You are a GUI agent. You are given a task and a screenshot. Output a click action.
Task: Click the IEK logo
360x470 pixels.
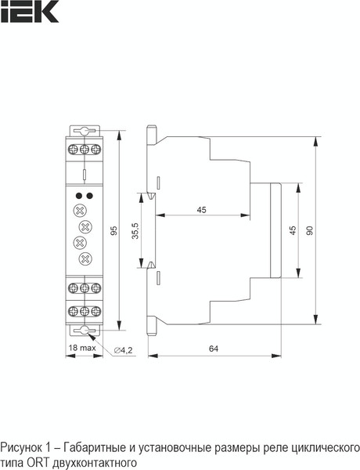tap(19, 10)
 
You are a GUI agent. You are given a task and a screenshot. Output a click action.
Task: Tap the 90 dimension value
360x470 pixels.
tap(310, 230)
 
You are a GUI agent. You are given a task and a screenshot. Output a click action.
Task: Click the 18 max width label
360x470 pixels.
tap(81, 347)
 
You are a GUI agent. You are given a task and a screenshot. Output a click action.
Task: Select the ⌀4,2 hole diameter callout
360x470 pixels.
tap(123, 349)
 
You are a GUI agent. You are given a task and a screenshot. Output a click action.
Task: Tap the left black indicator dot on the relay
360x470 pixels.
tap(77, 195)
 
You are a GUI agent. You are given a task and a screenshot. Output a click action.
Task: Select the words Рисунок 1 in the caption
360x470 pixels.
tap(23, 448)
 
